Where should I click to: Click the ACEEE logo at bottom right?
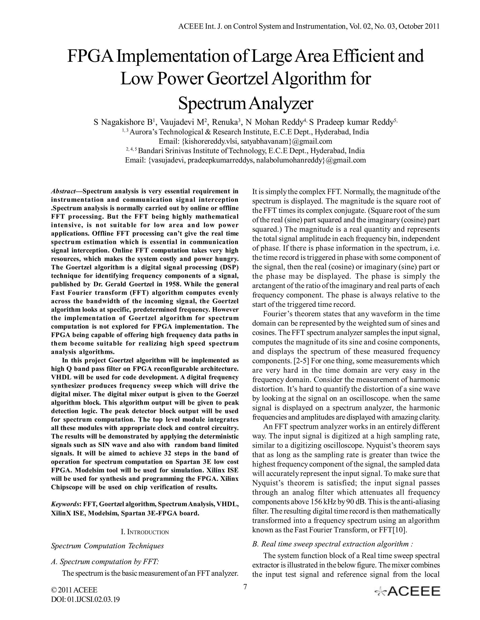408,591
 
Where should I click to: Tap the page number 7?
245,587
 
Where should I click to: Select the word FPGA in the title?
91,56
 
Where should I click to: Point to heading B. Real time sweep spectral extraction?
332,544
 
